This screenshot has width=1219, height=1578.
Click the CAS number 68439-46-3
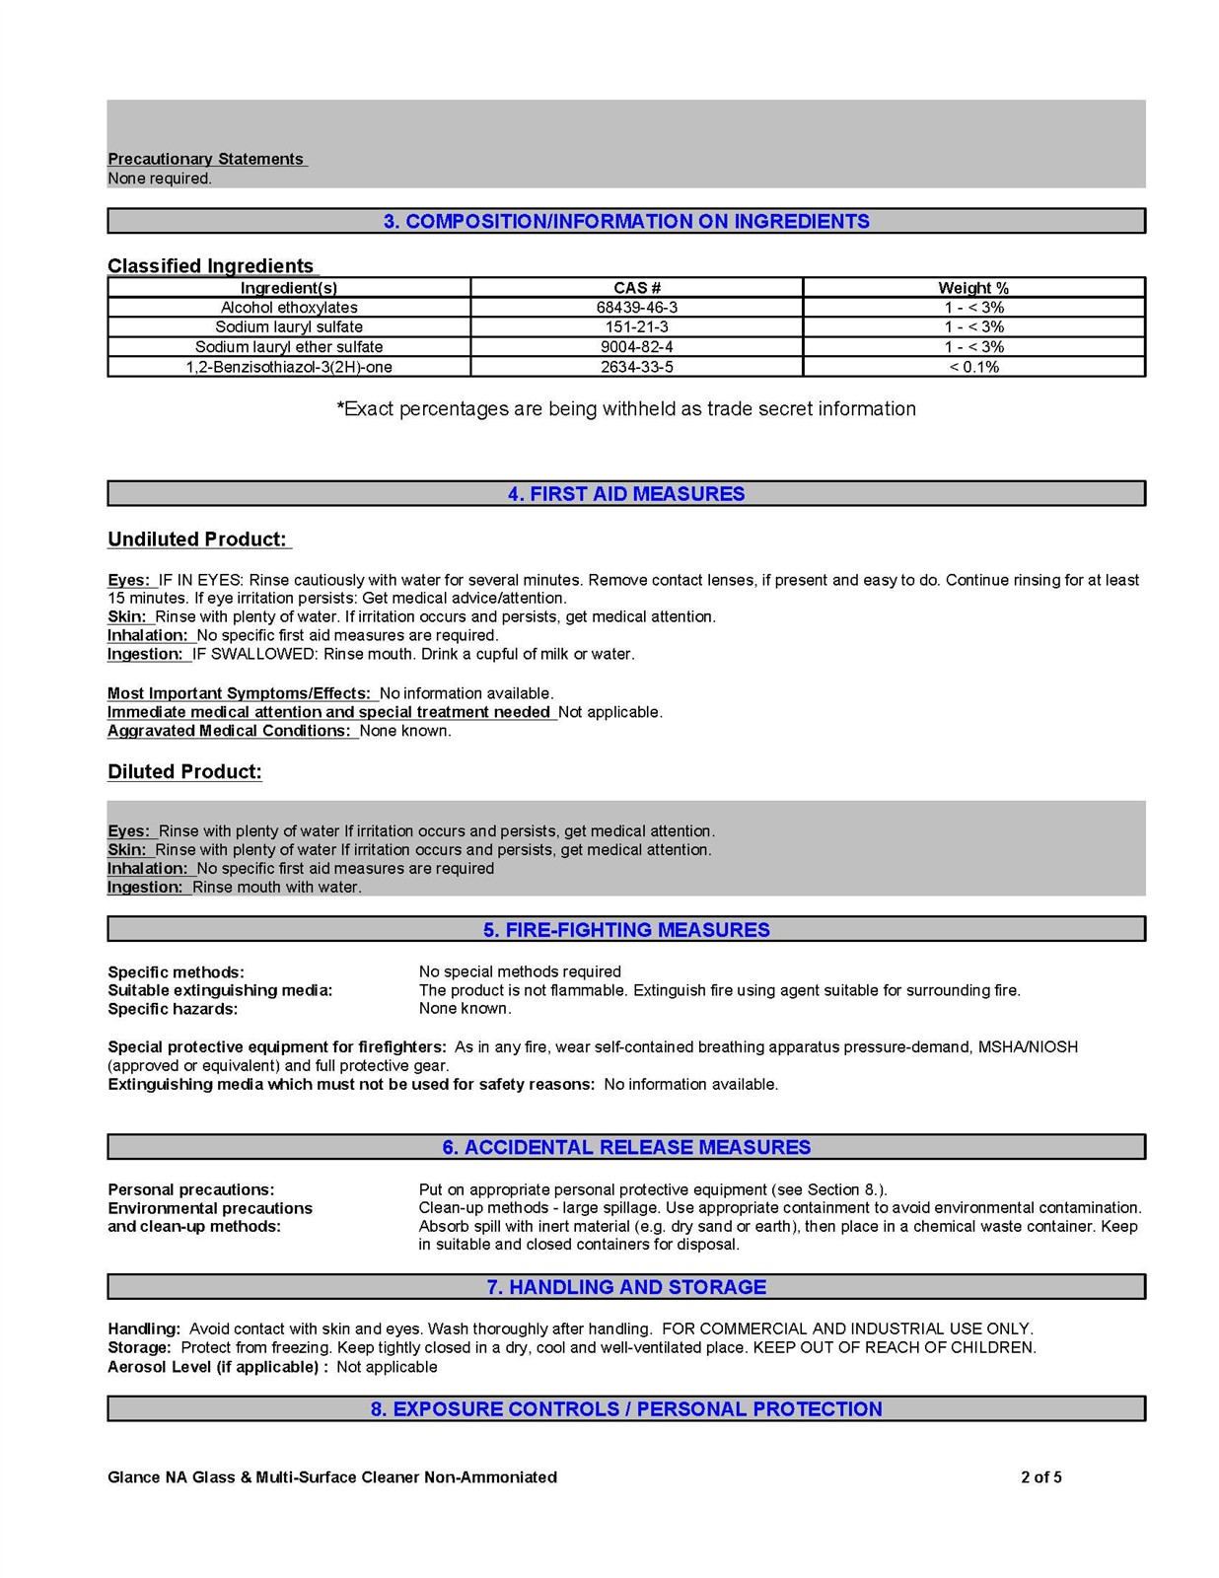coord(636,308)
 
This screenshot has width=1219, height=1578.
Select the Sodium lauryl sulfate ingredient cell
coord(289,327)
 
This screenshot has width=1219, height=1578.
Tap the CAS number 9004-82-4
coord(636,347)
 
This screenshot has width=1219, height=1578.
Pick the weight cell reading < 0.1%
coord(973,367)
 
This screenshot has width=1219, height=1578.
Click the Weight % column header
coord(973,288)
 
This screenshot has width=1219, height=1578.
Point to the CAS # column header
coord(636,288)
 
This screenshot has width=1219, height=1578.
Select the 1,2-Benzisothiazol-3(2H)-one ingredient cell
coord(289,367)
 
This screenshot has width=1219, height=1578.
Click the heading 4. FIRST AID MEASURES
coord(626,494)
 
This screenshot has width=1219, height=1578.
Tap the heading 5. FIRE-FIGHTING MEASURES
coord(626,930)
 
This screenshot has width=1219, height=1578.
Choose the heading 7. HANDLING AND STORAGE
coord(626,1287)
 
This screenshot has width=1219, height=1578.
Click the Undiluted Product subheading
coord(197,539)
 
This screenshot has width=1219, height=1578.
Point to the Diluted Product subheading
coord(184,772)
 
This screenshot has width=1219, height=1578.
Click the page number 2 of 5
coord(1040,1477)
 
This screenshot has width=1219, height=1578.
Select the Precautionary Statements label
coord(206,159)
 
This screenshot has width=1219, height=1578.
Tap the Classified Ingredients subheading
coord(210,266)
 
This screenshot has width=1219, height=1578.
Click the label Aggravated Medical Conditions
coord(230,731)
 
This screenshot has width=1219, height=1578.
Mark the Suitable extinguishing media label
coord(220,990)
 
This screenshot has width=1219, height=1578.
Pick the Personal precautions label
coord(191,1189)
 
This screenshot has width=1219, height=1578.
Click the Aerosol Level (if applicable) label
coord(217,1367)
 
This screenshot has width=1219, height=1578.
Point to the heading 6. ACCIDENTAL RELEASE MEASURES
coord(626,1147)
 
